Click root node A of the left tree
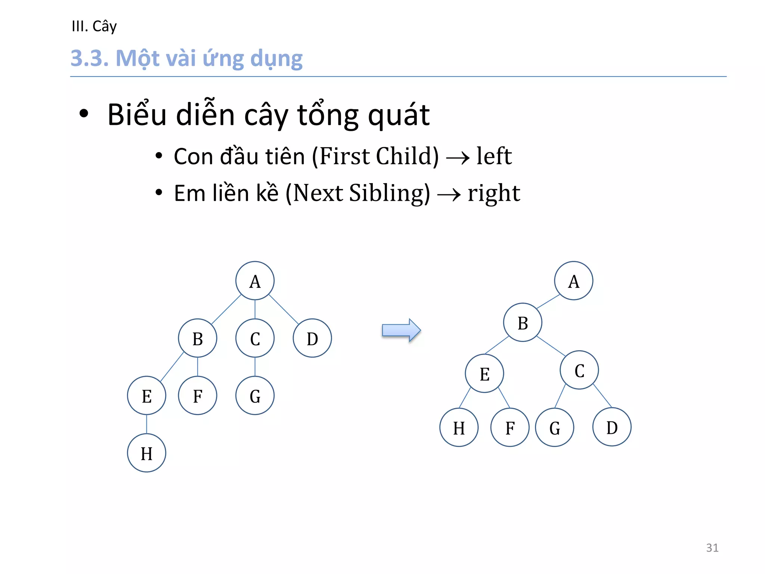pos(255,281)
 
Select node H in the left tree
pos(146,453)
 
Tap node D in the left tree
pos(312,338)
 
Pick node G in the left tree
pos(255,395)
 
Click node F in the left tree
pos(198,395)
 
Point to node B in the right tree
pos(523,323)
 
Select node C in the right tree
pos(579,370)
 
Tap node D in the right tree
pos(612,427)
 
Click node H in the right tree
pos(459,428)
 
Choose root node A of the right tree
pos(574,281)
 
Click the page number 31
pos(712,547)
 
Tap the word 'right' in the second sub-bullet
pos(494,193)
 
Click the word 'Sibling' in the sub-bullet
pos(389,193)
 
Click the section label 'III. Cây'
pos(94,26)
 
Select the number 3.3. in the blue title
pos(90,58)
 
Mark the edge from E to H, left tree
pos(146,424)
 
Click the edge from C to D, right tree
pos(602,396)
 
